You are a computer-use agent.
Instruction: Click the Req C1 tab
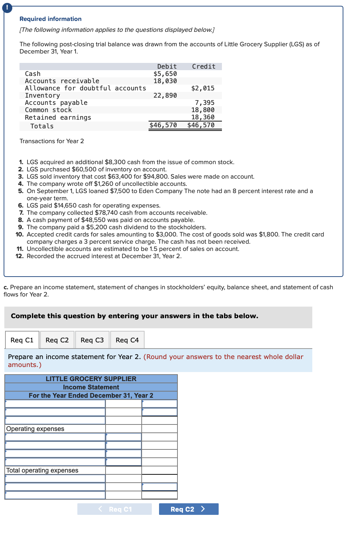point(22,340)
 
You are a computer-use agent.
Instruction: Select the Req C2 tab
point(57,340)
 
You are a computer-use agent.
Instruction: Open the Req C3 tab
point(92,340)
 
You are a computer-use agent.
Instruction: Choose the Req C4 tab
point(127,340)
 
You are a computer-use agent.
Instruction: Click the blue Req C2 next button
point(188,509)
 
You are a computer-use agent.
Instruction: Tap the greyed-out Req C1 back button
point(115,509)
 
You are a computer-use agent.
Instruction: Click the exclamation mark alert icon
point(7,8)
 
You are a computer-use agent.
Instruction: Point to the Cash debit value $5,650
point(165,74)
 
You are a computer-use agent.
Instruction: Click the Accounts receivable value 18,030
point(165,81)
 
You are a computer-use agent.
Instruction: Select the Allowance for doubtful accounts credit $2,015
point(203,88)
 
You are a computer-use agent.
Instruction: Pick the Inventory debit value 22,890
point(165,95)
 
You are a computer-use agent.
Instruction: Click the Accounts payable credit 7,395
point(205,103)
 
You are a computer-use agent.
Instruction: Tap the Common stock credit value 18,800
point(203,110)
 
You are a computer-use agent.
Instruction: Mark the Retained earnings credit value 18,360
point(203,117)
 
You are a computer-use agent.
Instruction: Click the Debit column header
point(167,67)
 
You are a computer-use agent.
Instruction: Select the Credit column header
point(203,67)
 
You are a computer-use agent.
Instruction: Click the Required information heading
point(51,19)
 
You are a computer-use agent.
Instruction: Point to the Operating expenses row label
point(35,429)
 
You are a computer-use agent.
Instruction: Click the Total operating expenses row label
point(42,470)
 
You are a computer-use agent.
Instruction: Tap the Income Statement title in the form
point(91,387)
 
